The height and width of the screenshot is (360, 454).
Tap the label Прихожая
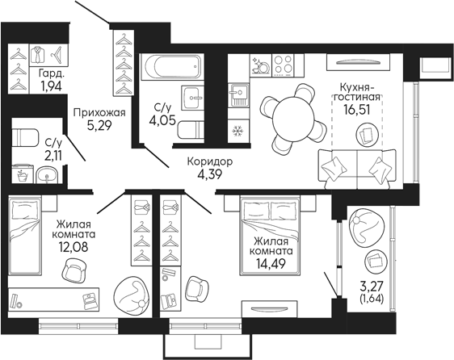pyautogui.click(x=95, y=113)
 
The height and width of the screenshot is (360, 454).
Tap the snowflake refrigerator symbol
pyautogui.click(x=238, y=132)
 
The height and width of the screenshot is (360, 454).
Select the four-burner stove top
pyautogui.click(x=282, y=63)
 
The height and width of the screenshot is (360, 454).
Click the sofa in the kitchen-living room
pyautogui.click(x=353, y=167)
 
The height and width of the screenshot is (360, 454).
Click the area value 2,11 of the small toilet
pyautogui.click(x=53, y=156)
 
